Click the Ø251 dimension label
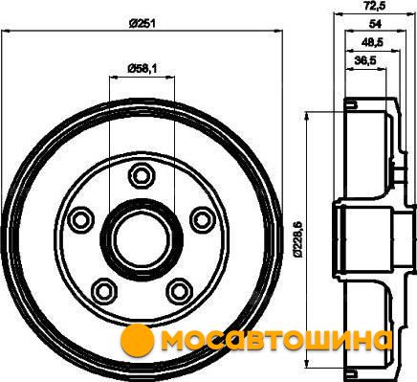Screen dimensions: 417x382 click(x=143, y=23)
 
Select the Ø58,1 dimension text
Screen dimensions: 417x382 click(x=143, y=68)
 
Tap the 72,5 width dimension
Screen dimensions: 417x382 click(x=375, y=6)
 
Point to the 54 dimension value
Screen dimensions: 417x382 click(x=375, y=24)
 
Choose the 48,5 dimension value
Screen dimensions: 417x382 click(x=372, y=42)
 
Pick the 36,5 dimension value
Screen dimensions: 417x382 click(x=365, y=59)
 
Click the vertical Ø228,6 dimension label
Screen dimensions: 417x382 click(x=297, y=239)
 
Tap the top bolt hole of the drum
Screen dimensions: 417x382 click(x=142, y=175)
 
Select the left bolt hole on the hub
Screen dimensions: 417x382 click(x=81, y=219)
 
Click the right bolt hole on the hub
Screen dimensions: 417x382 click(x=203, y=219)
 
